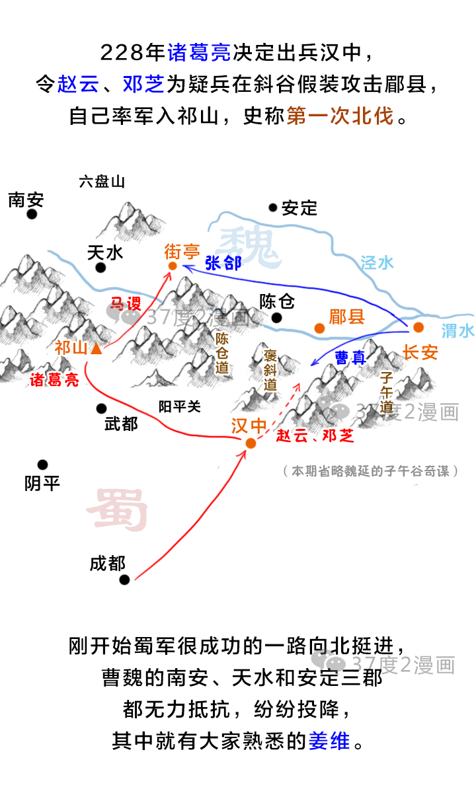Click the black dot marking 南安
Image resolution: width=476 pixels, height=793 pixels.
point(32,214)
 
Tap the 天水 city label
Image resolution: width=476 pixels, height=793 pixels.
point(105,252)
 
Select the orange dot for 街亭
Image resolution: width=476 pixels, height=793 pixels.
point(173,266)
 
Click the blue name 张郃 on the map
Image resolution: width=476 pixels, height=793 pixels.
point(223,263)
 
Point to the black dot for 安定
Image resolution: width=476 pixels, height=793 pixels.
point(272,208)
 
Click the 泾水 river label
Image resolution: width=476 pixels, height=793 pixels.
point(377,262)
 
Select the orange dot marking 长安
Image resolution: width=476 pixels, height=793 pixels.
point(418,327)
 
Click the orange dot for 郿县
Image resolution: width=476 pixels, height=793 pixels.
point(319,328)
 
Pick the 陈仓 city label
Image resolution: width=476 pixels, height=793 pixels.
point(276,302)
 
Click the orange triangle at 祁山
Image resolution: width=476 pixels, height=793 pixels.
point(96,348)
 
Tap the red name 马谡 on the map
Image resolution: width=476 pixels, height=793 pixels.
point(125,304)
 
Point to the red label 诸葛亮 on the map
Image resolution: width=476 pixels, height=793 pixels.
point(54,380)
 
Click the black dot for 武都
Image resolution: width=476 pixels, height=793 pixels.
point(101,408)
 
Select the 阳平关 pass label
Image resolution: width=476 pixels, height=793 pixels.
point(179,407)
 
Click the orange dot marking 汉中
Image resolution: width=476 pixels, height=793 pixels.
point(251,443)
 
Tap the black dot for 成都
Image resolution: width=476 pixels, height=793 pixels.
point(124,580)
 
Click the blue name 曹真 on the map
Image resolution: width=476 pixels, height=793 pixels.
point(350,358)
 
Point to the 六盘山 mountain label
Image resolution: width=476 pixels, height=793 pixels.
point(102,181)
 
